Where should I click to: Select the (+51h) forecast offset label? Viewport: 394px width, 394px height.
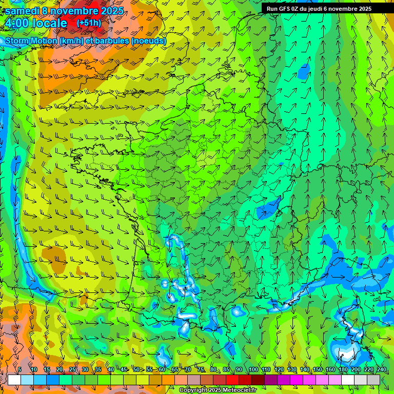click(89, 23)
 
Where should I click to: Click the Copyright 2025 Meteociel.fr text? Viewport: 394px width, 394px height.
click(218, 390)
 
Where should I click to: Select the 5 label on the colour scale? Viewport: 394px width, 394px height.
click(19, 370)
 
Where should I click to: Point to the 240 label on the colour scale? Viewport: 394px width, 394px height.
click(381, 370)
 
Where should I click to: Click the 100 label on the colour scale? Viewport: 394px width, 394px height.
click(253, 370)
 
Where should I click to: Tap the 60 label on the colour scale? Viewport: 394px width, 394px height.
click(162, 370)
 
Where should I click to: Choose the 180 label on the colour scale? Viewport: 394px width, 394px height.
click(343, 370)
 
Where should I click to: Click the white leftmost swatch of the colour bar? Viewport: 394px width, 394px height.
click(14, 380)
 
